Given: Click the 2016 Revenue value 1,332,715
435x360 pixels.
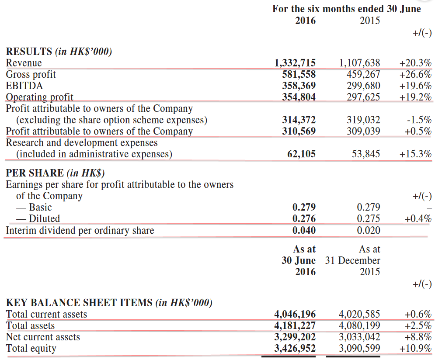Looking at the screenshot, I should coord(295,63).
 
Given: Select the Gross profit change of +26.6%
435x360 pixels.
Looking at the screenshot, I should coord(415,75).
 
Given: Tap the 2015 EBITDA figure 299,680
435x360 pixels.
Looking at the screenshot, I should coord(360,86).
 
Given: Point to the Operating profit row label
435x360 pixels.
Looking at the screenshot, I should coord(39,97).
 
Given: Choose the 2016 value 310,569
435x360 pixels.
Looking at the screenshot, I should coord(299,132).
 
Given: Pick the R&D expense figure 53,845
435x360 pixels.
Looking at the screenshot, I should coord(366,154).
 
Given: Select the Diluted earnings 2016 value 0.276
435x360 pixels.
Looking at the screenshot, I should coord(304,219).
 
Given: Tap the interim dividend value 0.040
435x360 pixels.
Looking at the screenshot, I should coord(304,230).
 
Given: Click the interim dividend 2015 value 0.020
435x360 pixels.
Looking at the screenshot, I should coord(369,230).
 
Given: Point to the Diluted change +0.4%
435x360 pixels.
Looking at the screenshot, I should coord(418,219).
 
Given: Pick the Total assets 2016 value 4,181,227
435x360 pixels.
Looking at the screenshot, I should coord(295,326).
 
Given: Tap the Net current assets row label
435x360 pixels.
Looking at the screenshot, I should coord(43,337).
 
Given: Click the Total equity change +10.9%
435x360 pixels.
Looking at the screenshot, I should coord(415,349).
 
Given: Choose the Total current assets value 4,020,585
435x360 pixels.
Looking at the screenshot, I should coord(360,315).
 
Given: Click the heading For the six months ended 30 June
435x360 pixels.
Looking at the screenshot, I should coord(346,9).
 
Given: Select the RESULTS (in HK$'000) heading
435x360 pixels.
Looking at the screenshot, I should coord(59,52).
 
